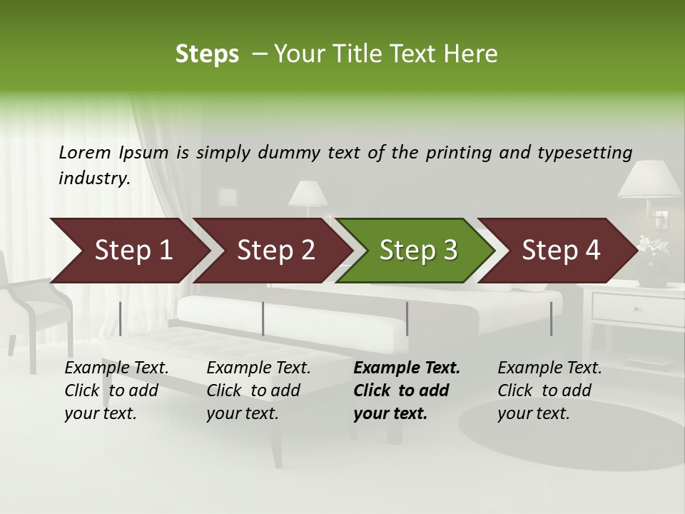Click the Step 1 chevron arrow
click(128, 251)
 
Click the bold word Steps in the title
click(207, 54)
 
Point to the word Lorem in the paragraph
click(84, 153)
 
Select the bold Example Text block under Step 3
click(407, 390)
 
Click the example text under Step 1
click(116, 390)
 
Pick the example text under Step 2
click(258, 390)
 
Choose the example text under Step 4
click(549, 390)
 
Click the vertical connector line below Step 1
click(121, 318)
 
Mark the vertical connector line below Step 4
click(552, 318)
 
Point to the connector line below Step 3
click(407, 318)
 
